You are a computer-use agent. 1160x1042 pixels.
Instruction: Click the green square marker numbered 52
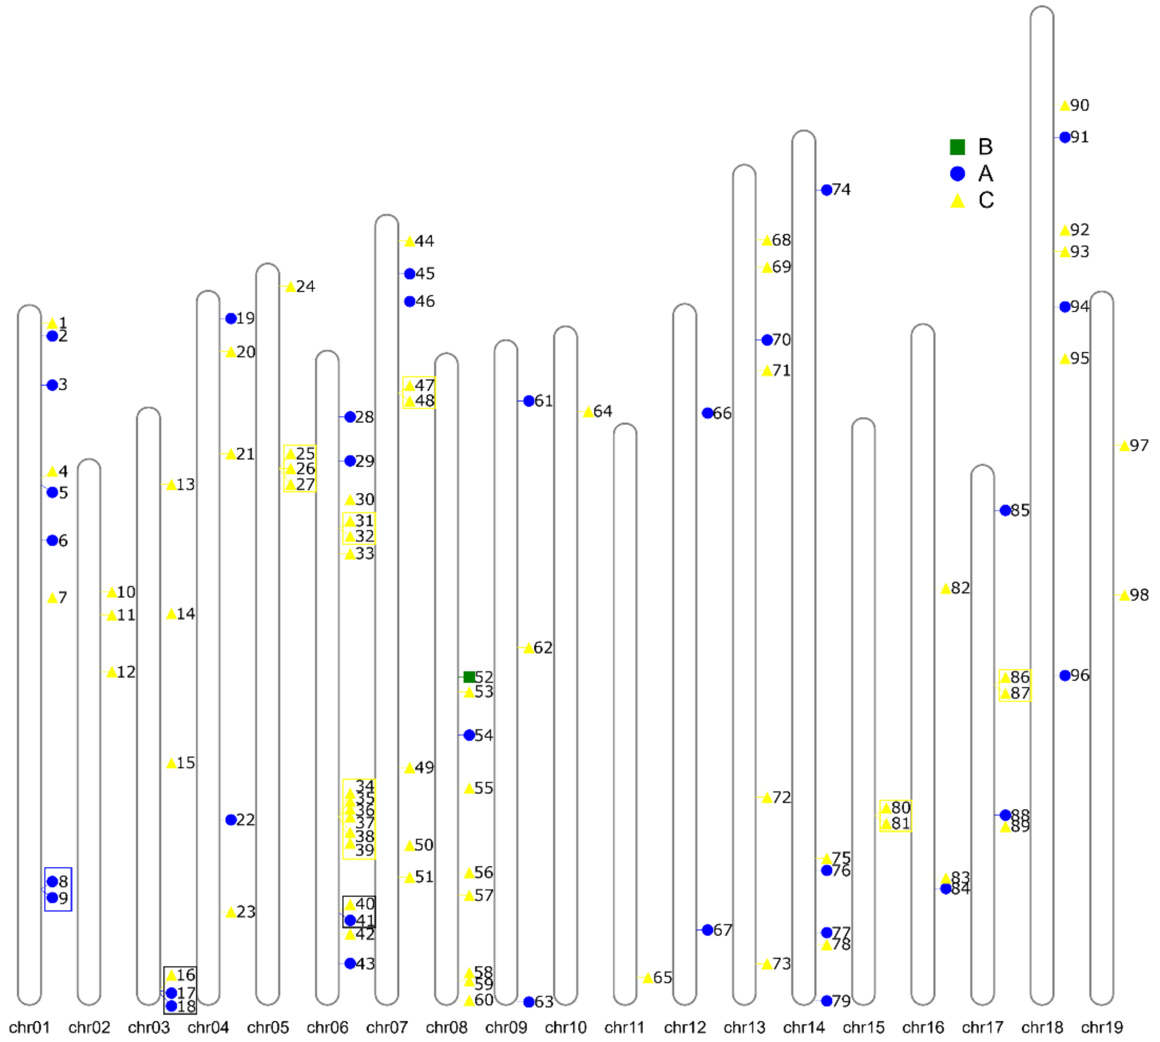pos(469,677)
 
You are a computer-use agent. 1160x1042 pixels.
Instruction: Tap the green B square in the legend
pos(957,147)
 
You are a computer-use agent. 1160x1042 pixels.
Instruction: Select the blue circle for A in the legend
pos(957,173)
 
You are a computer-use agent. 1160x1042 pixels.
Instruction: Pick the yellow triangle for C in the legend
pos(957,201)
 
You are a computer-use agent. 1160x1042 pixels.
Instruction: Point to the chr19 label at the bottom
pos(1102,1027)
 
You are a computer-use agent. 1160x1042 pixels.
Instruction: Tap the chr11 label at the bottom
pos(625,1027)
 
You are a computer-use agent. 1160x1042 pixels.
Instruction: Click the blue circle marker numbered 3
pos(52,385)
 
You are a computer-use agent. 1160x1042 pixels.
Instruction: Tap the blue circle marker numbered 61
pos(529,401)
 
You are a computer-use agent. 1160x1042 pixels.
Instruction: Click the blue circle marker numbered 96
pos(1064,676)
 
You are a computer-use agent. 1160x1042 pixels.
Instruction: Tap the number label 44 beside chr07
pos(424,241)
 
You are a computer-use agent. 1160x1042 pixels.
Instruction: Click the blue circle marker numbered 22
pos(231,820)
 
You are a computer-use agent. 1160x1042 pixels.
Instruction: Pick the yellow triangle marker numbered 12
pos(112,672)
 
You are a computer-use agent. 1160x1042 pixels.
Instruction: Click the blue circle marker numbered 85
pos(1005,510)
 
